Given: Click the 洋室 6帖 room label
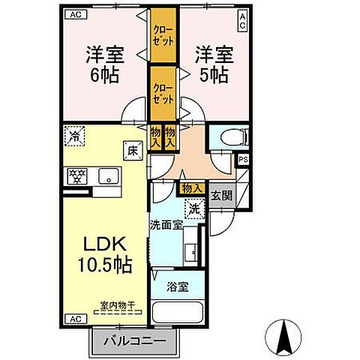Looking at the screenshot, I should (x=105, y=65).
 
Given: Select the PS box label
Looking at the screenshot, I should (x=242, y=159).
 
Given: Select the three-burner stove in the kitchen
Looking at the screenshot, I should (x=77, y=177).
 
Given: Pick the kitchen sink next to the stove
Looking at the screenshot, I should (x=108, y=178).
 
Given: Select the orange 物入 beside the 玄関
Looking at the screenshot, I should (x=191, y=189).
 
